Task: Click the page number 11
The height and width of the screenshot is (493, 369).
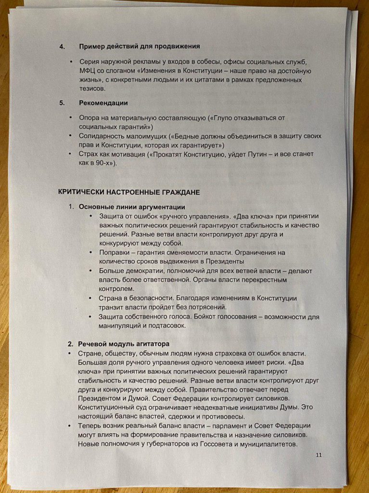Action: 318,454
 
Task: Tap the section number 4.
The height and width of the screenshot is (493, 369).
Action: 62,47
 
